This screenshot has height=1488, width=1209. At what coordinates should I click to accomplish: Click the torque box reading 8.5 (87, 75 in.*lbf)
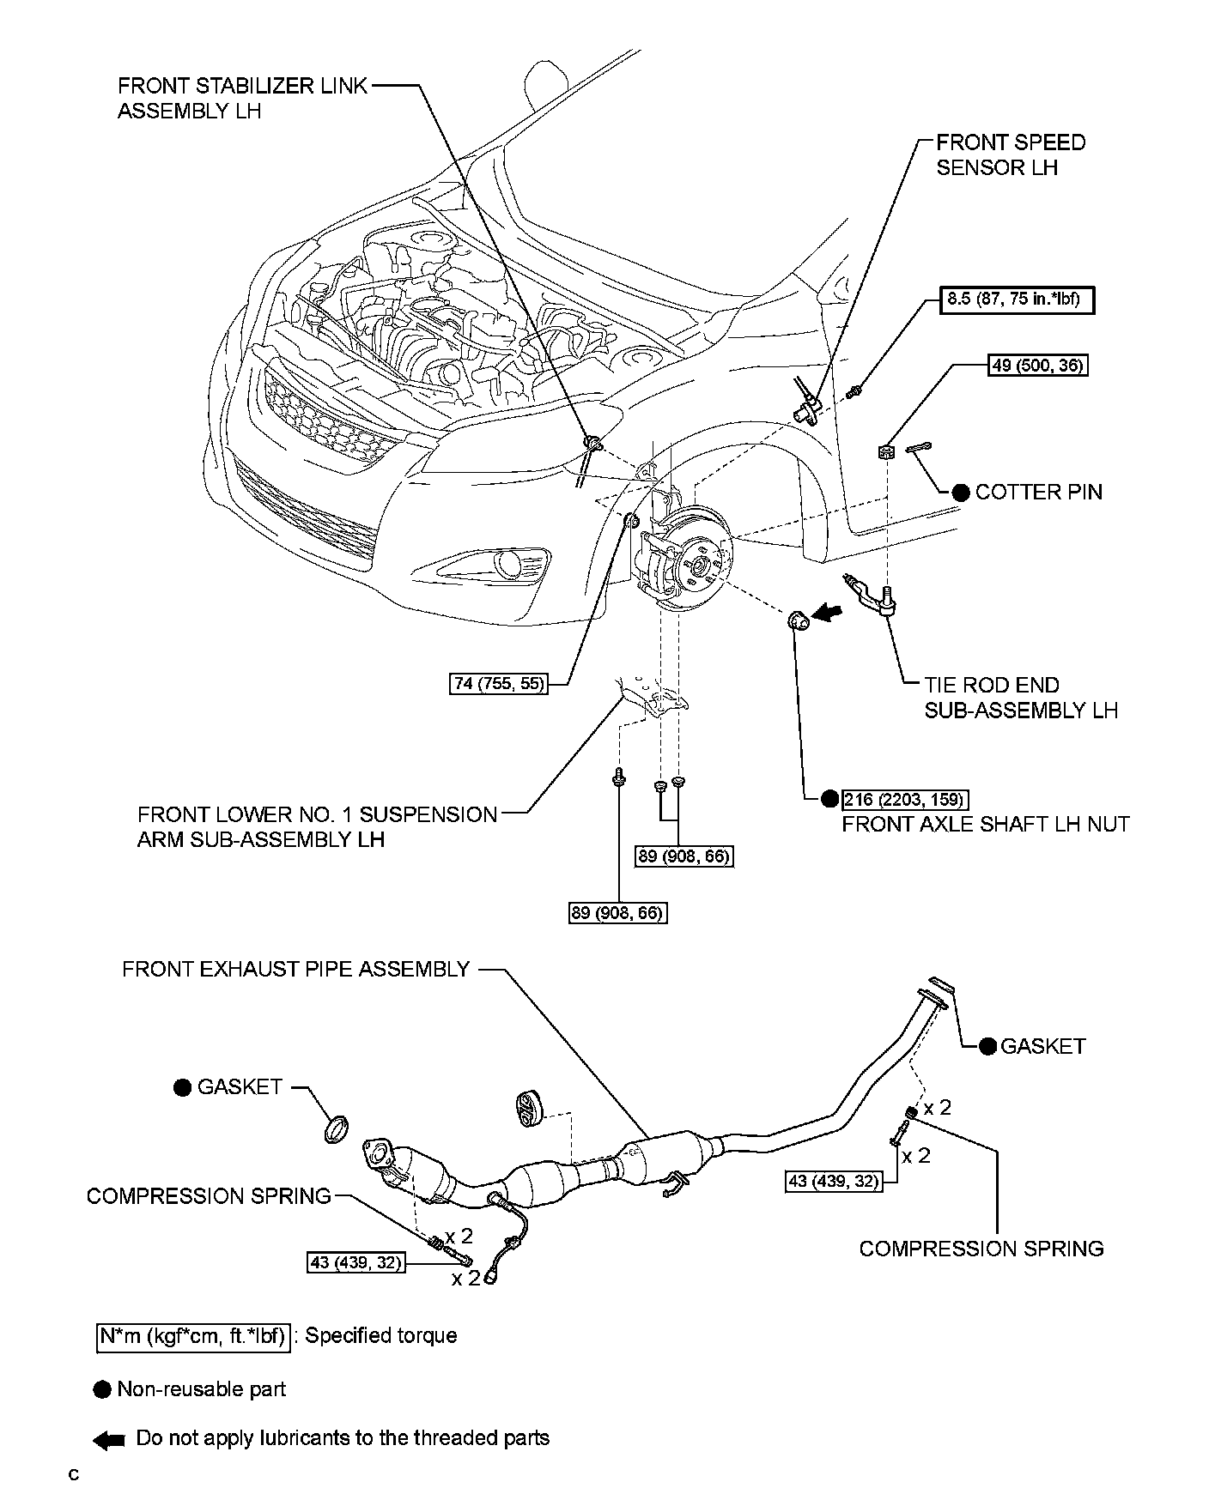tap(1017, 300)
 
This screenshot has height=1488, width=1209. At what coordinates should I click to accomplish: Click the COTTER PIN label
tap(1038, 492)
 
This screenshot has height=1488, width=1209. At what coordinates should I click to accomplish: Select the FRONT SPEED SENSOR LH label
tap(1010, 154)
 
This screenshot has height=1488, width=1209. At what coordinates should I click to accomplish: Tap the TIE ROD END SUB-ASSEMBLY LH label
tap(1020, 698)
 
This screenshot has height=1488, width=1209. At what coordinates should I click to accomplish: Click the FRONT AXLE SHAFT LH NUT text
tap(985, 825)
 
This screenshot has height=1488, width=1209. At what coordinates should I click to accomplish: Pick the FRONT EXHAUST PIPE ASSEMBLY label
tap(295, 969)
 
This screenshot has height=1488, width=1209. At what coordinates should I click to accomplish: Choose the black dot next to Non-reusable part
tap(103, 1389)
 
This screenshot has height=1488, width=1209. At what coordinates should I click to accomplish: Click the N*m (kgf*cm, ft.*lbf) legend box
tap(193, 1337)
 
